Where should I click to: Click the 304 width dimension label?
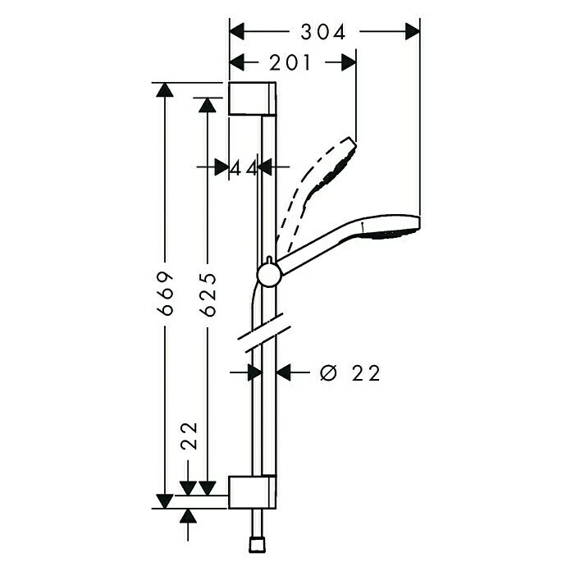(322, 31)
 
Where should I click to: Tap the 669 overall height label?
(166, 291)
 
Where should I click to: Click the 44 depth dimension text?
(244, 167)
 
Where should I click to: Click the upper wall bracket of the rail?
(253, 100)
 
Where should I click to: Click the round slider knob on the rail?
(268, 275)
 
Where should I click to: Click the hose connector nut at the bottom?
(255, 544)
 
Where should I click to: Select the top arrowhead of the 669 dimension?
(166, 90)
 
